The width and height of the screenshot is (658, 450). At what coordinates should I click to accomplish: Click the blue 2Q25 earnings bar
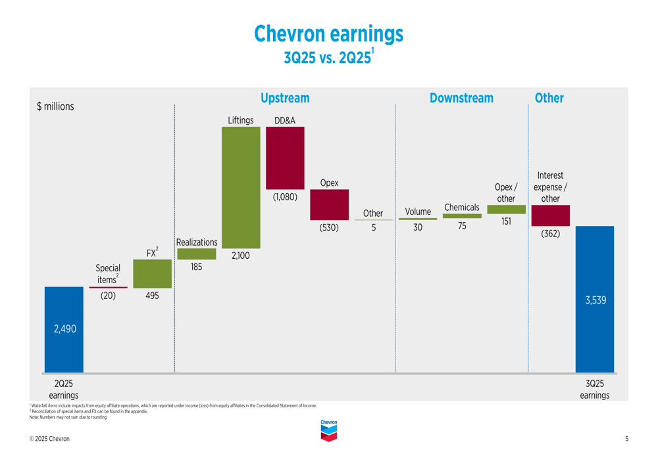tap(64, 330)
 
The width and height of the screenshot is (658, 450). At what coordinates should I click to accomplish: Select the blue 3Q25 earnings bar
tap(595, 300)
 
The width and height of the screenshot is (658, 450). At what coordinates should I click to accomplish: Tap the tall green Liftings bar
tap(241, 188)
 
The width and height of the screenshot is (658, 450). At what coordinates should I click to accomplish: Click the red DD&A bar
tap(285, 158)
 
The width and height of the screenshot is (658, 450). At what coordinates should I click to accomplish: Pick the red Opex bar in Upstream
tap(329, 205)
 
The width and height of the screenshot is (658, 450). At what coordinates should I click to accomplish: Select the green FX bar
tap(152, 273)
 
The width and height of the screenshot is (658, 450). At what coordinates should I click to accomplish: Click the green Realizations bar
tap(196, 254)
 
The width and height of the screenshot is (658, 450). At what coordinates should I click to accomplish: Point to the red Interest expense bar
tap(550, 215)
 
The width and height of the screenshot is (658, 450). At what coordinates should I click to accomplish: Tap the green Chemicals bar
tap(462, 215)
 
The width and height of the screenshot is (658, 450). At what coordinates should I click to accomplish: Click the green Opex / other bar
tap(506, 210)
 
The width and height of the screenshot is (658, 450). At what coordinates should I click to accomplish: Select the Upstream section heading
tap(285, 98)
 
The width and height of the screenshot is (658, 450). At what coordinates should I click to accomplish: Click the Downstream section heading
tap(461, 98)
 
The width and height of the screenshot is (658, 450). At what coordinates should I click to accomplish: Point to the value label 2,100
tap(241, 256)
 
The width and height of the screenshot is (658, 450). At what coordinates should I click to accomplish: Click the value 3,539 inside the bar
tap(595, 300)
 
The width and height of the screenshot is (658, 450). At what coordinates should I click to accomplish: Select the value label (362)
tap(550, 233)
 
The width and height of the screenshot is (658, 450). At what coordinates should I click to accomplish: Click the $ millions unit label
tap(55, 106)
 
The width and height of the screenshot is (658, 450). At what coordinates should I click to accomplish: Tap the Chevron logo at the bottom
tap(328, 430)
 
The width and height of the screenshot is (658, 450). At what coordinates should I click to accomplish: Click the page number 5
tap(626, 439)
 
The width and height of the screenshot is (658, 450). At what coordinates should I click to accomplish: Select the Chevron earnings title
tap(328, 34)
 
